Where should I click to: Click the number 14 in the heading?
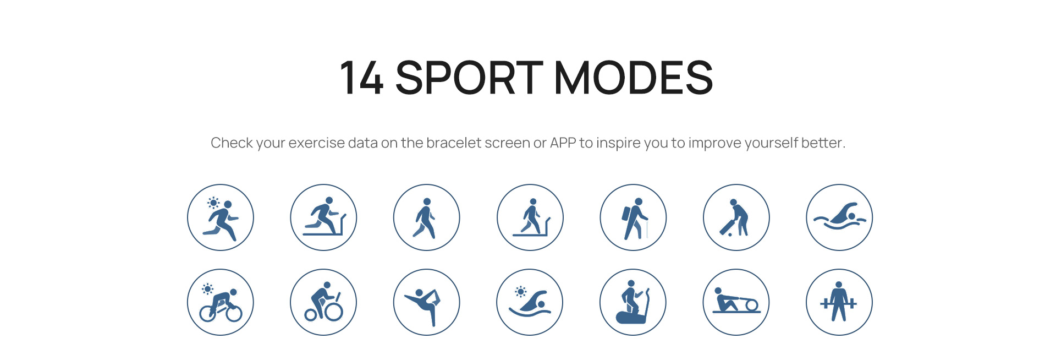pos(361,78)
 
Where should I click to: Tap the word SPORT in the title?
pos(469,78)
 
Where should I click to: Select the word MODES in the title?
pos(634,78)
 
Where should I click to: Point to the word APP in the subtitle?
pos(563,143)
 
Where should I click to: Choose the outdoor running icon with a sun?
pos(221,217)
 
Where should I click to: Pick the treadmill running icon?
pos(323,217)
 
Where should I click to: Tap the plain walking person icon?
pos(427,217)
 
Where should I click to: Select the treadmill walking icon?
pos(530,217)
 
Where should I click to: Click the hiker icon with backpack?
pos(633,217)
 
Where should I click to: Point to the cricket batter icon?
pos(736,217)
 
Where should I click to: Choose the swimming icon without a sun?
pos(839,217)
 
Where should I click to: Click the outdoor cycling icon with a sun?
pos(221,302)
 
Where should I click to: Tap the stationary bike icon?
pos(323,302)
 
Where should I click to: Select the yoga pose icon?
pos(427,302)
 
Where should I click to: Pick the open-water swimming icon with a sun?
pos(530,302)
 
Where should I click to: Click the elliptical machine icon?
pos(633,302)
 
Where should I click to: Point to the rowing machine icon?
pos(736,302)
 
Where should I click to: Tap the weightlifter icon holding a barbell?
pos(839,302)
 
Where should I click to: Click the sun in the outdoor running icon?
pos(213,203)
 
